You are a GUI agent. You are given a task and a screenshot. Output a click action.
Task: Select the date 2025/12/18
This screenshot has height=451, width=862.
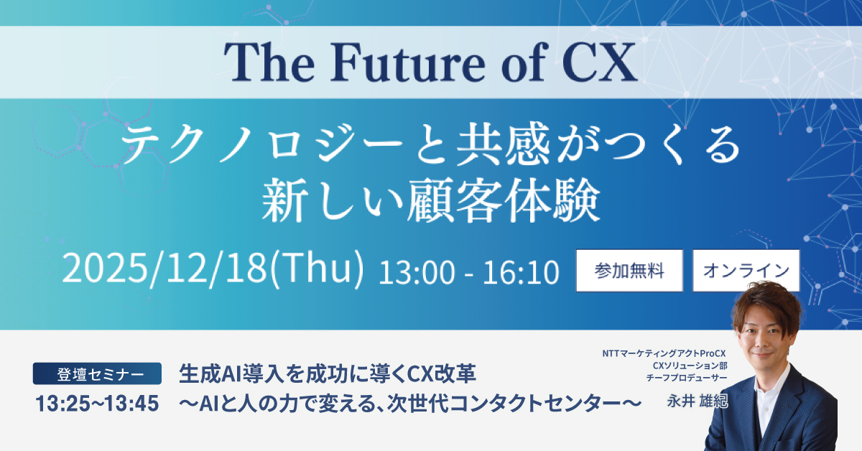(164, 268)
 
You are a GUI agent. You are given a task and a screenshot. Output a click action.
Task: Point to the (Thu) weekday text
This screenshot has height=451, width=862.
(317, 268)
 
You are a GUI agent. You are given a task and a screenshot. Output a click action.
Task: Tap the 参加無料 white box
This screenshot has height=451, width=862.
(629, 271)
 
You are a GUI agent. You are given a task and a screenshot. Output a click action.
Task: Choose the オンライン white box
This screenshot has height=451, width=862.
(746, 271)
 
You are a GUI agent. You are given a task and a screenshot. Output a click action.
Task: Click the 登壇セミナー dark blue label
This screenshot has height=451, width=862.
(97, 373)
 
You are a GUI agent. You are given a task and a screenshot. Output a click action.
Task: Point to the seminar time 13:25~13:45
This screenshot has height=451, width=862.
(97, 404)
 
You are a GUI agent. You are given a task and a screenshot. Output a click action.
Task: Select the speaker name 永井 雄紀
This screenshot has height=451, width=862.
(698, 401)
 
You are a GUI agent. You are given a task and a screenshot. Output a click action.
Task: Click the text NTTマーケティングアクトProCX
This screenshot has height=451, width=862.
(664, 353)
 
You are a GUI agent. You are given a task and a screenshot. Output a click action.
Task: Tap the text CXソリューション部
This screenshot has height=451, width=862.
(690, 366)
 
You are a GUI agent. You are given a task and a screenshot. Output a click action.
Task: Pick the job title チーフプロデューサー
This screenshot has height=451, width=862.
(687, 378)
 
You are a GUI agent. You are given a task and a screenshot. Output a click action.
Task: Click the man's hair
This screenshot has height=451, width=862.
(766, 304)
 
